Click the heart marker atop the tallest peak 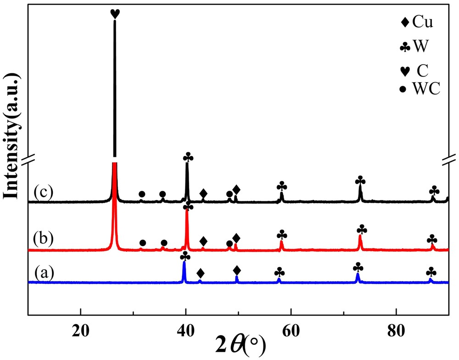point(115,14)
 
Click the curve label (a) point(45,273)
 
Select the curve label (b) point(44,238)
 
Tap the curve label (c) point(44,193)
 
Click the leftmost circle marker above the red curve point(143,243)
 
